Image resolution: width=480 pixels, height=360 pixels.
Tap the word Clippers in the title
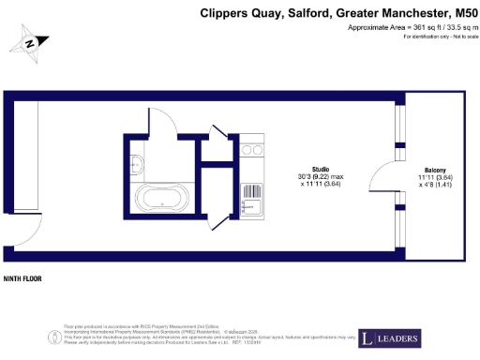pos(223,13)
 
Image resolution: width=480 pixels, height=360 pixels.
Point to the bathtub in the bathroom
pos(163,198)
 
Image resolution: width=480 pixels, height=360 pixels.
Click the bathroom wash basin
pos(137,158)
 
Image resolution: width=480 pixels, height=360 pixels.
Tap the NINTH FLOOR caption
pos(23,278)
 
